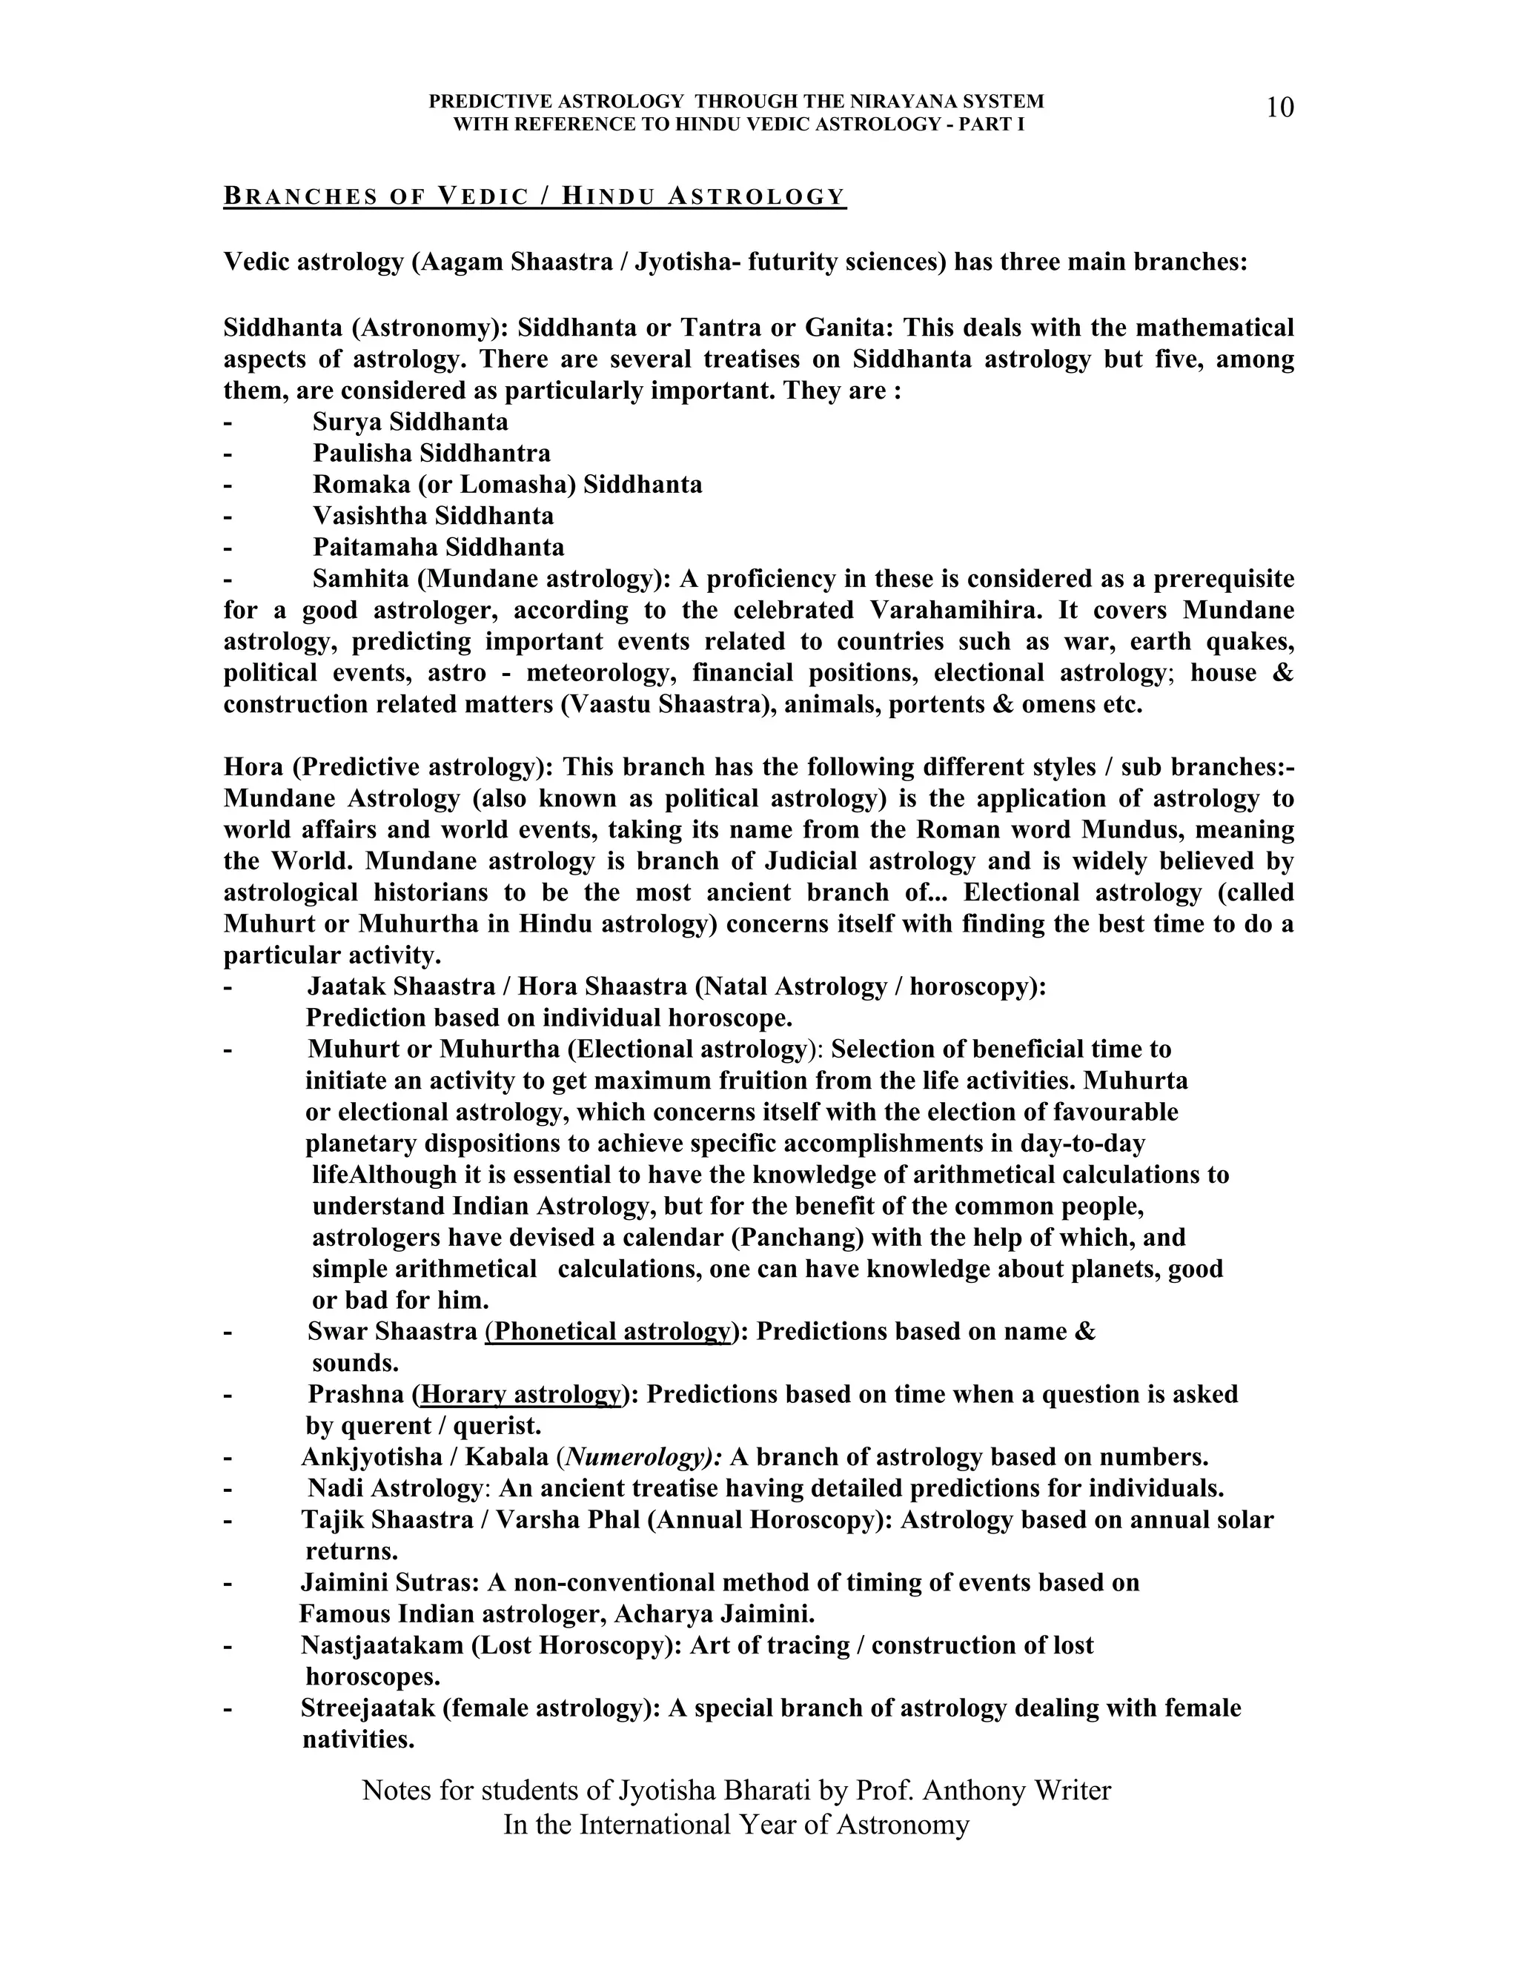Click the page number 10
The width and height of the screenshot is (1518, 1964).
coord(1279,108)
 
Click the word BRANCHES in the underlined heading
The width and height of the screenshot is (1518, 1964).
coord(300,196)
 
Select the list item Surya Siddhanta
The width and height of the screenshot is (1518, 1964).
coord(410,422)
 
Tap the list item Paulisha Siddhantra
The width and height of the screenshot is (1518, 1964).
coord(431,454)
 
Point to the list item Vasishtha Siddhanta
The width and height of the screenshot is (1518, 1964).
coord(433,516)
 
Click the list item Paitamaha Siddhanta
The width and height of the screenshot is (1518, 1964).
coord(438,547)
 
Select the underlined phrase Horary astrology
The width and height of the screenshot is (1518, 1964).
coord(520,1394)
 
